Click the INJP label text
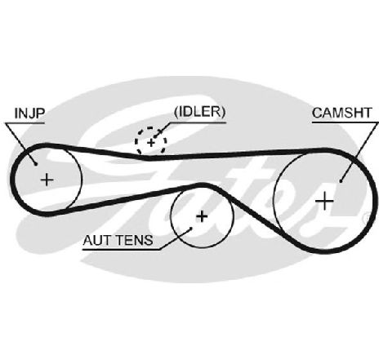29,113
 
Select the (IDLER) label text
200,112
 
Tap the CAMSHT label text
342,113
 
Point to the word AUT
96,240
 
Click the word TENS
135,240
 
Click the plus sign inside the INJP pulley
47,180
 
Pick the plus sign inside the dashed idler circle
151,143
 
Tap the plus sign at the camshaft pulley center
324,201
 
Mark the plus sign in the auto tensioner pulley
202,216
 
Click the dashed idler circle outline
136,141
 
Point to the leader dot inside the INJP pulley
36,164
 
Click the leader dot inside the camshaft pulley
341,181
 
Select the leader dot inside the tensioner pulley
191,229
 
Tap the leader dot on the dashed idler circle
154,136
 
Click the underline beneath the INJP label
25,123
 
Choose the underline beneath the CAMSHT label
346,122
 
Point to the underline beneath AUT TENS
122,249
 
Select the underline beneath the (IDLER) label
198,122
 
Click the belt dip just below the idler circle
149,158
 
